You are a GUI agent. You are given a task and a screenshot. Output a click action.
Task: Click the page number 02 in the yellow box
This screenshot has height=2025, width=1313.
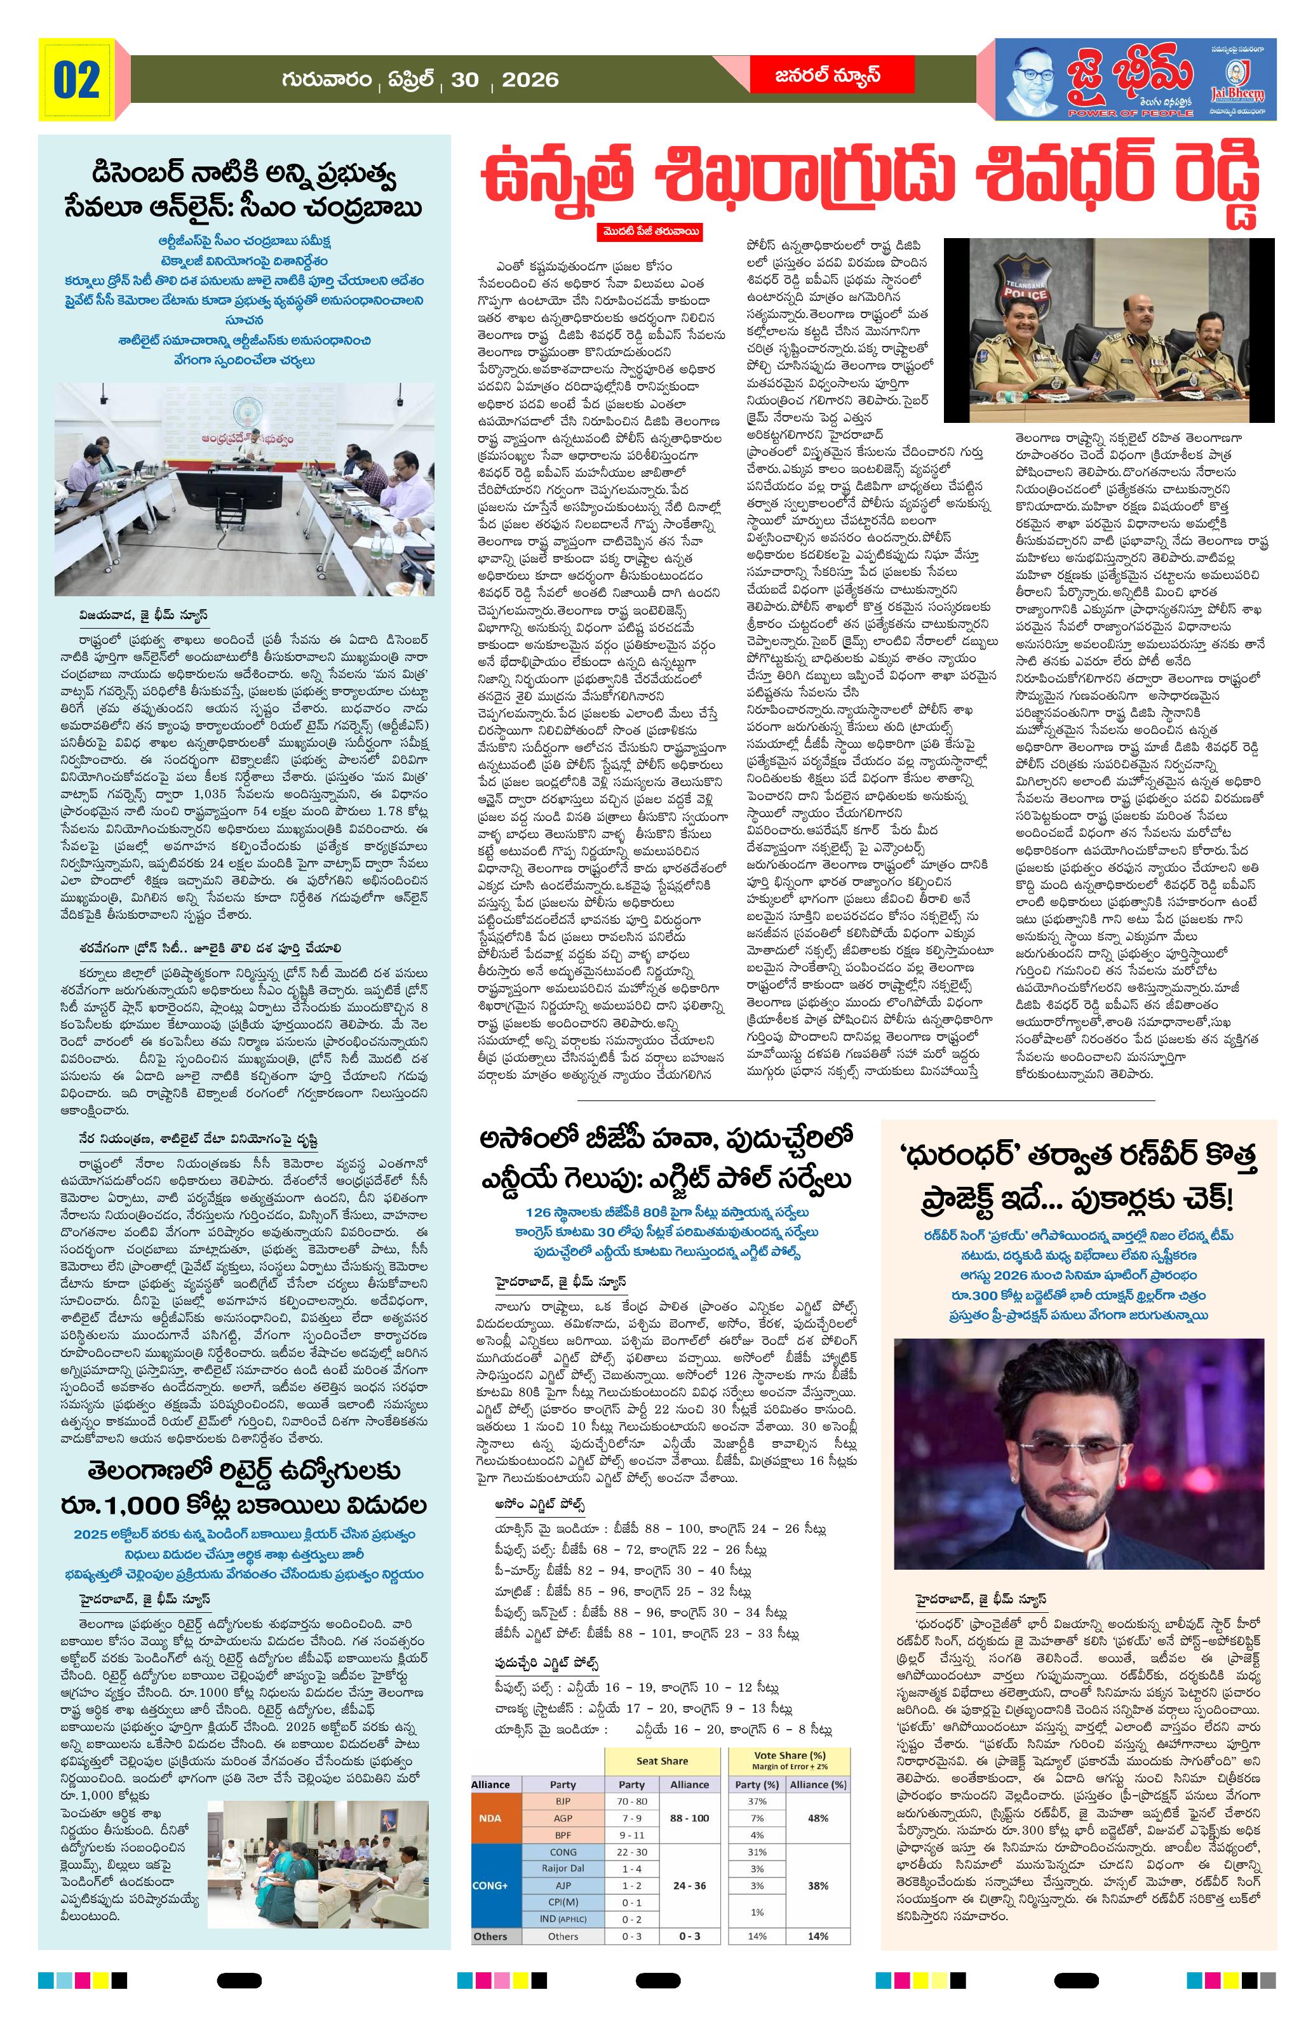pyautogui.click(x=77, y=81)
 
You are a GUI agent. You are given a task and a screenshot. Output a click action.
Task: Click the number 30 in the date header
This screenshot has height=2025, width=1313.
pyautogui.click(x=466, y=81)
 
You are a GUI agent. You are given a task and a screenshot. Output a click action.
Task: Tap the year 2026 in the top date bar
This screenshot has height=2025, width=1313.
pyautogui.click(x=529, y=81)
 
